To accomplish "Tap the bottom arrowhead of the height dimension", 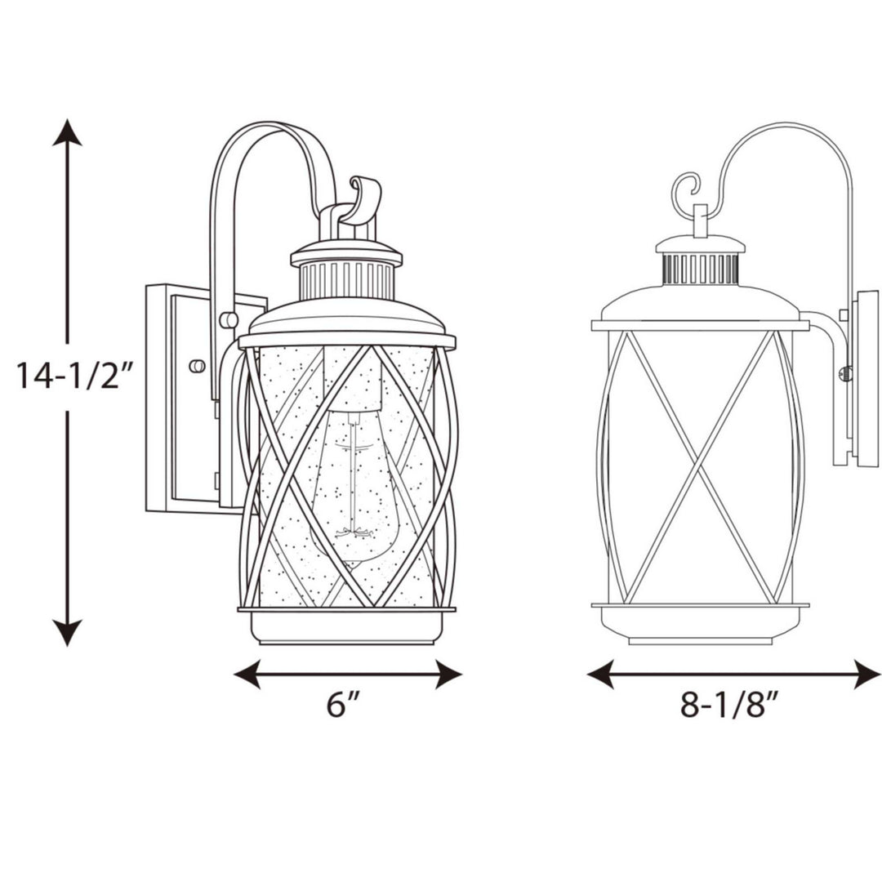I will coord(67,632).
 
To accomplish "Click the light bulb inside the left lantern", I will coord(353,482).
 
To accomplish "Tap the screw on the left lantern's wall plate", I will coord(196,366).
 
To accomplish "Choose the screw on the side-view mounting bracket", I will coord(846,374).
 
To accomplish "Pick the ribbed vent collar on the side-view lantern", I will coord(700,269).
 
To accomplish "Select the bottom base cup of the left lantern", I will coord(347,627).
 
